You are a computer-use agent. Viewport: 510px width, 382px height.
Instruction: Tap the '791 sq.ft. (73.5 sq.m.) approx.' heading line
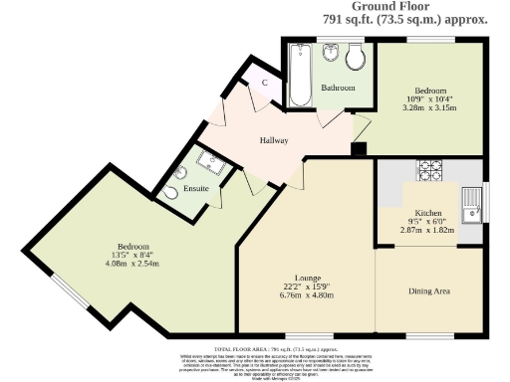click(405, 20)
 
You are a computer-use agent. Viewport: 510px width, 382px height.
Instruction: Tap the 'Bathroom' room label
click(338, 88)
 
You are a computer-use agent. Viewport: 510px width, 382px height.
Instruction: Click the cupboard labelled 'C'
click(264, 83)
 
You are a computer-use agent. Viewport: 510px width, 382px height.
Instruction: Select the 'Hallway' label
click(274, 140)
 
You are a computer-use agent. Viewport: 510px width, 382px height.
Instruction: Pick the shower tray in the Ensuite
click(212, 160)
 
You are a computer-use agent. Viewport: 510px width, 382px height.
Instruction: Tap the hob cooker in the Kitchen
click(428, 167)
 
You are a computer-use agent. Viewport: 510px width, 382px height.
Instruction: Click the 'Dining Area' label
click(428, 291)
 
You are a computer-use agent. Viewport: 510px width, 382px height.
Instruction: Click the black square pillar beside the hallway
click(359, 149)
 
